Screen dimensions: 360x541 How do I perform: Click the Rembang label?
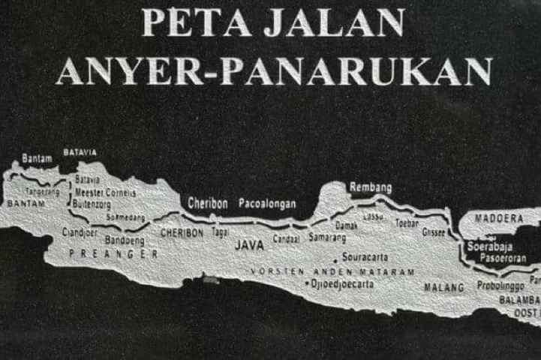point(370,187)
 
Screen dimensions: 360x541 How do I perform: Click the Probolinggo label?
point(503,286)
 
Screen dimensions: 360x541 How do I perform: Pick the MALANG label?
point(443,286)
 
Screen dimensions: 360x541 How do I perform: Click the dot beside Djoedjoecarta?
point(308,284)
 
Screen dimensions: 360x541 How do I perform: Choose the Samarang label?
point(327,238)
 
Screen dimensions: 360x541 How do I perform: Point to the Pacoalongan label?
point(267,203)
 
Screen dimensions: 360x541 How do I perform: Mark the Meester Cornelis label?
point(106,192)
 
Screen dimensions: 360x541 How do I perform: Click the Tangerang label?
point(43,192)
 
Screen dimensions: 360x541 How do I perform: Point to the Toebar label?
point(407,223)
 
